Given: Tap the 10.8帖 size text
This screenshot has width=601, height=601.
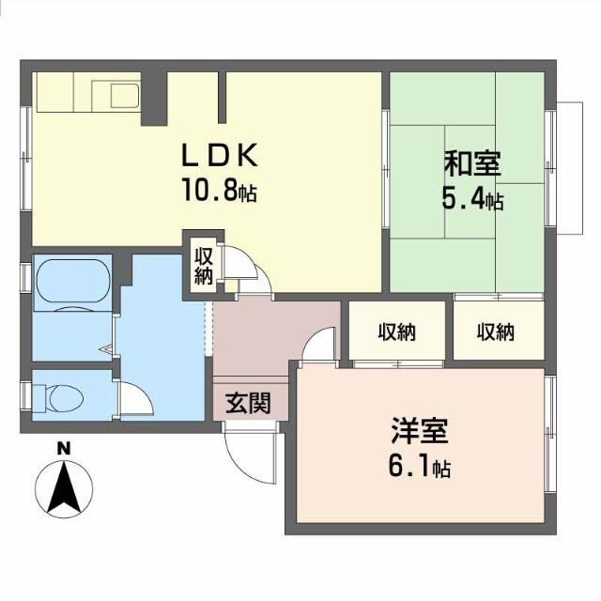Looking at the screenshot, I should point(219,193).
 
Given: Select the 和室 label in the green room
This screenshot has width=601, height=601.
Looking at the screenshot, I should point(471,164).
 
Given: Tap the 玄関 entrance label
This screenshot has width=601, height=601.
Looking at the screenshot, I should point(248,404).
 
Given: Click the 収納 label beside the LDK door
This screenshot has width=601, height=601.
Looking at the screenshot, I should point(203,264).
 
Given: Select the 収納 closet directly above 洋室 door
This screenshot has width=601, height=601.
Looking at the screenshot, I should point(398,331).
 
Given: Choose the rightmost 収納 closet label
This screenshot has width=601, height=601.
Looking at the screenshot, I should point(495,331).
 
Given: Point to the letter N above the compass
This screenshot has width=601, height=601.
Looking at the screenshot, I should point(64,448).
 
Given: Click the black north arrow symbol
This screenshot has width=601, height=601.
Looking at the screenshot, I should point(64,489).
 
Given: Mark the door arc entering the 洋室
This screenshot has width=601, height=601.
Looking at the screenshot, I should point(319,344).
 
